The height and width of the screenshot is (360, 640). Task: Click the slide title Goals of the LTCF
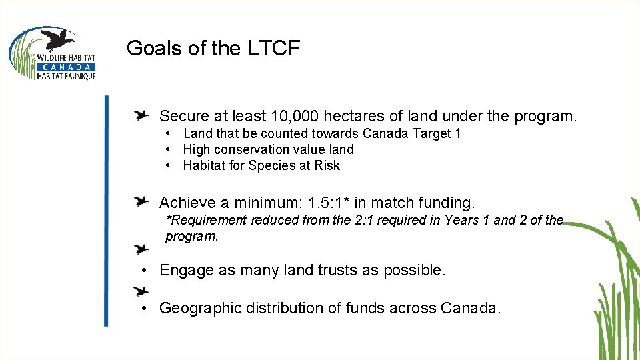click(213, 49)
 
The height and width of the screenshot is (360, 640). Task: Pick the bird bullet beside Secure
click(141, 115)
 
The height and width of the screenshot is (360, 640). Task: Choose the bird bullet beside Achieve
click(141, 201)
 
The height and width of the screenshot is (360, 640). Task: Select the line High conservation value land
click(268, 149)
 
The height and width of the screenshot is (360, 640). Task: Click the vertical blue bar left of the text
click(105, 210)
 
